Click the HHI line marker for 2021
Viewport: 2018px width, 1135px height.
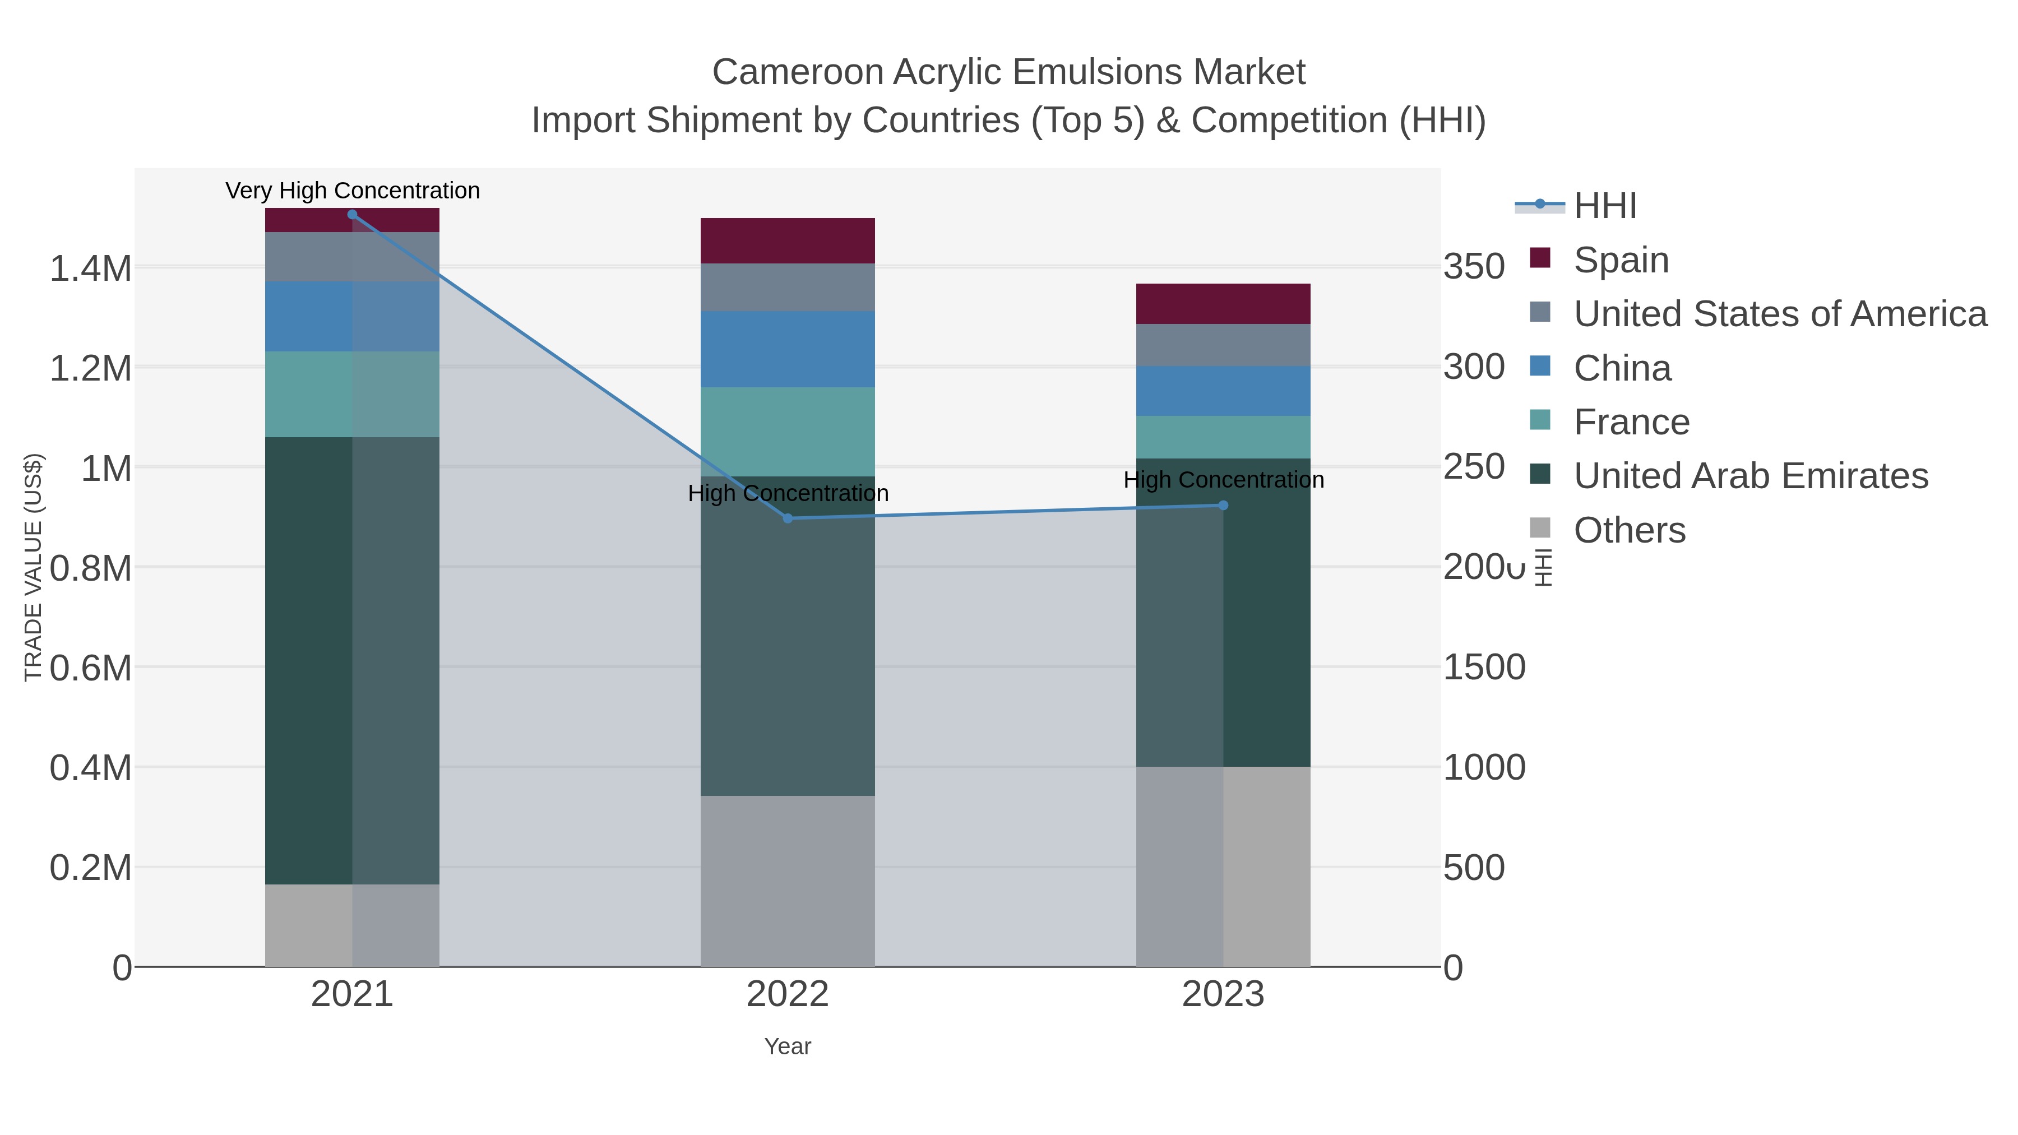pos(351,215)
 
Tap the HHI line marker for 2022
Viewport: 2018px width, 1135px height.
pos(788,518)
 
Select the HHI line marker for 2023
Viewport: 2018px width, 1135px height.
pos(1223,505)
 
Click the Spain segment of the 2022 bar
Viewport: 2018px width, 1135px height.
pos(788,240)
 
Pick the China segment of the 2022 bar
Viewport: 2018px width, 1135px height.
pos(788,349)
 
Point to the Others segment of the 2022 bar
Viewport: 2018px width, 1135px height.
pos(788,881)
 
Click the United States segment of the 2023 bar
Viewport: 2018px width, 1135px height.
pos(1223,345)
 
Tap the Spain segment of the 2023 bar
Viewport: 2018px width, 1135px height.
pos(1223,303)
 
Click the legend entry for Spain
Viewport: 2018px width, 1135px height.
pos(1620,260)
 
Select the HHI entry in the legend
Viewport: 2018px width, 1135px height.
pos(1604,206)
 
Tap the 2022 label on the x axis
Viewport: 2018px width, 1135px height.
pos(788,995)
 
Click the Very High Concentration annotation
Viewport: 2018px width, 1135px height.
pos(353,191)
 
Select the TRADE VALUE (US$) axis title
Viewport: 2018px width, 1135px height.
pos(33,567)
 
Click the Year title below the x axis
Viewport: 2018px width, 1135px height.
pos(788,1046)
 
